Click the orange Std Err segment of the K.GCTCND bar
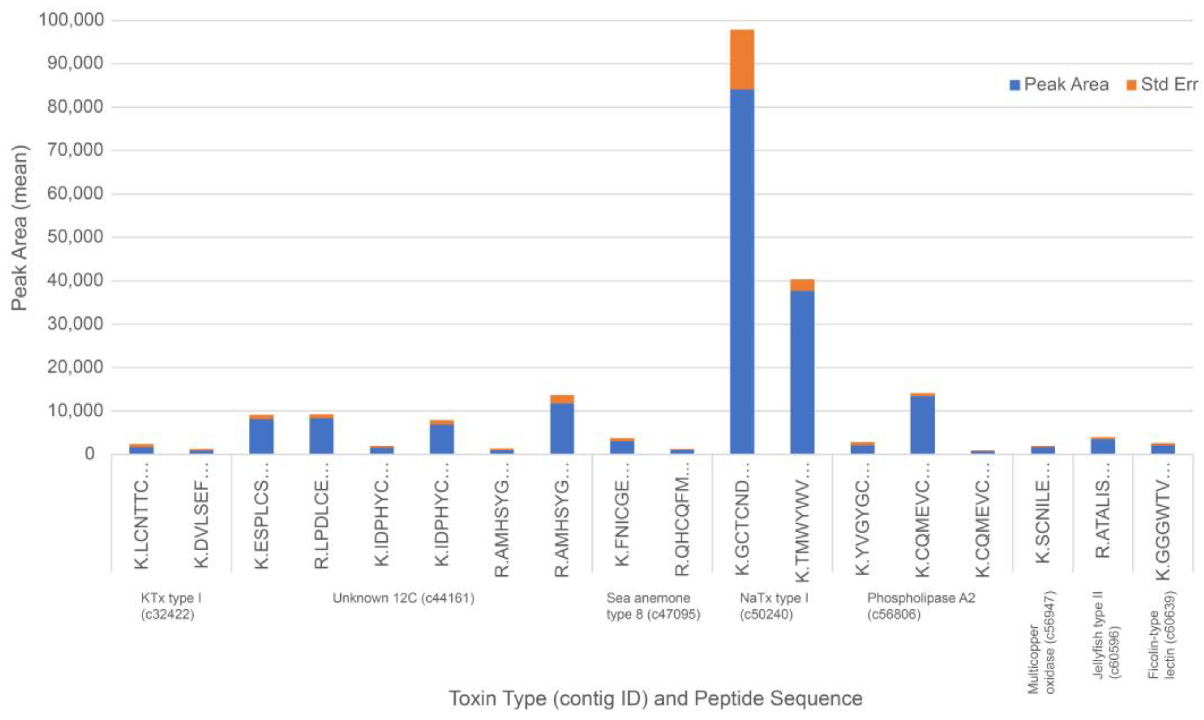tap(742, 59)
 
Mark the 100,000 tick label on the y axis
tap(71, 20)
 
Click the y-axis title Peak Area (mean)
tap(20, 228)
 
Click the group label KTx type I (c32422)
tap(171, 606)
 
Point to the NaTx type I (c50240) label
tap(774, 606)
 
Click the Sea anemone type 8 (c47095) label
tap(653, 606)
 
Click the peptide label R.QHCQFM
tap(682, 526)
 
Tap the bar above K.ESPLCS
tap(261, 436)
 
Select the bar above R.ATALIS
tap(1102, 446)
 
